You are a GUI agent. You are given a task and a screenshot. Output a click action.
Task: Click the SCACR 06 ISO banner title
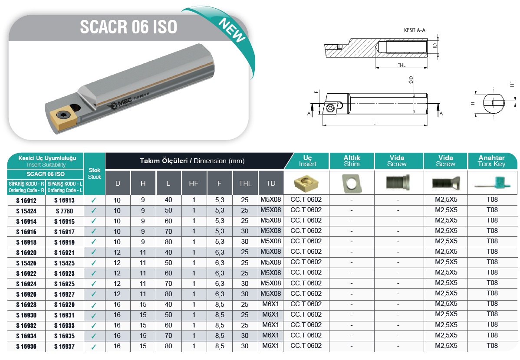click(x=128, y=27)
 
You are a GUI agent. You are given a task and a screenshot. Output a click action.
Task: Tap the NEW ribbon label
click(x=232, y=30)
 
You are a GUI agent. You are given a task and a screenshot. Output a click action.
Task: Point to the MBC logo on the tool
click(x=119, y=105)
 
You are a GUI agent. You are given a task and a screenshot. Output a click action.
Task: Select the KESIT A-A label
click(x=415, y=30)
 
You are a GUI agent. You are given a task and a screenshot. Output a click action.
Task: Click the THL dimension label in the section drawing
click(x=402, y=65)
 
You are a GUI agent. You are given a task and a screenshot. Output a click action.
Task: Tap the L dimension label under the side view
click(x=375, y=123)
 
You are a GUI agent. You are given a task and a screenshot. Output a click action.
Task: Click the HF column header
click(x=194, y=183)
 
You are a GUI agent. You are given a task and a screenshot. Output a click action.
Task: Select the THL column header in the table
click(x=245, y=183)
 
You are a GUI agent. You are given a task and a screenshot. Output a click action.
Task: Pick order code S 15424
click(x=26, y=211)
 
